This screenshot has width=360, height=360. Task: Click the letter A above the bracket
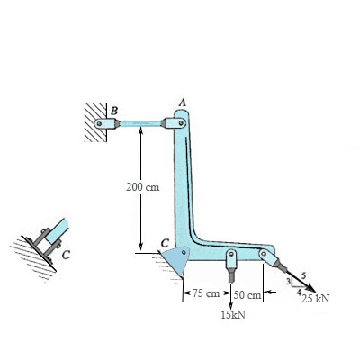pos(183,103)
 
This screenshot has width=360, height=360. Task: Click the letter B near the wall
pos(114,111)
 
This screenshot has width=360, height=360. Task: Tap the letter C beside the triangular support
pos(166,242)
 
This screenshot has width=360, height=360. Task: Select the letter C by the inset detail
pos(67,255)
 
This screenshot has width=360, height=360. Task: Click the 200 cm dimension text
pos(143,187)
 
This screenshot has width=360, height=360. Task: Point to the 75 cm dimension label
pos(206,293)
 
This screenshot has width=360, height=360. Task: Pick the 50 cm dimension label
pos(247,295)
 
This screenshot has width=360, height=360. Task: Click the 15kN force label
pos(233,315)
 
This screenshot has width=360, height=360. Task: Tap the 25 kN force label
pos(316,299)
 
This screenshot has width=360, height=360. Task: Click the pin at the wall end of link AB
pos(99,123)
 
